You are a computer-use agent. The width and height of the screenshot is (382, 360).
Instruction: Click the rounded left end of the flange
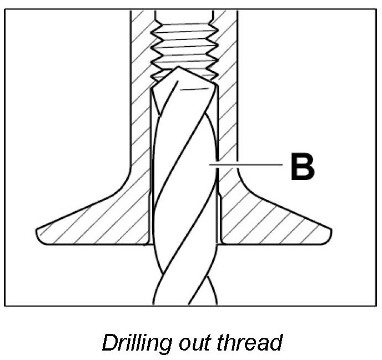click(39, 233)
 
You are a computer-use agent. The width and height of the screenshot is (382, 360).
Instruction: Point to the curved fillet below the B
click(244, 183)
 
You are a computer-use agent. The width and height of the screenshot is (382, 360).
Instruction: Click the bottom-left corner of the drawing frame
click(5, 306)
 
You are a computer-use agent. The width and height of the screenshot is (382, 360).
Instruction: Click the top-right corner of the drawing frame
click(376, 9)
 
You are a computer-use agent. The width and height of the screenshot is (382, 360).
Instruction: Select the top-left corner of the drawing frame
click(5, 9)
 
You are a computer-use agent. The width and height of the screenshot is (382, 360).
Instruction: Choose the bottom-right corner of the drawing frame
click(376, 306)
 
